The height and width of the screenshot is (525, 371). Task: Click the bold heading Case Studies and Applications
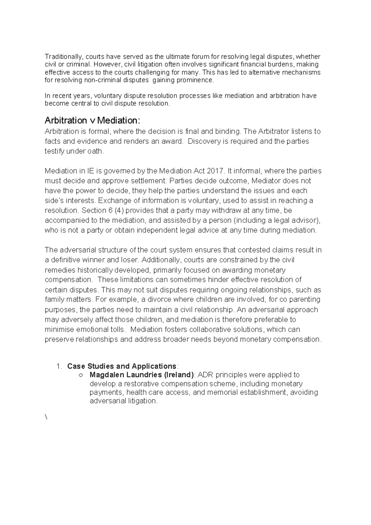click(x=122, y=366)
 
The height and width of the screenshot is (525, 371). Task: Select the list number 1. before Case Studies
click(x=59, y=366)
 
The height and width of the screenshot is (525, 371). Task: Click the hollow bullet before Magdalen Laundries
click(x=81, y=375)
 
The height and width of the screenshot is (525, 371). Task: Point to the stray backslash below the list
click(x=46, y=417)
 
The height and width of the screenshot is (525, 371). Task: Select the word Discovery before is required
click(x=203, y=141)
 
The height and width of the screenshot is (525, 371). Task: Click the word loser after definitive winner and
click(x=131, y=260)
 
